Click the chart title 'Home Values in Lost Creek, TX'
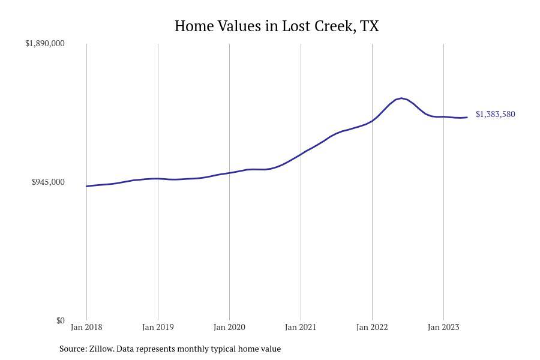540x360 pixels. pos(277,26)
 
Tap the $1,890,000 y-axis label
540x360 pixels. pos(45,44)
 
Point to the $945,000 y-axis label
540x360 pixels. pos(48,182)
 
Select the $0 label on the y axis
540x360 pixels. pos(60,320)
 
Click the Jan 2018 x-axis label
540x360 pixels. pos(86,327)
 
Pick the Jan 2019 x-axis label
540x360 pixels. pos(158,327)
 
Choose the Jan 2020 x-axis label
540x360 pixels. pos(229,327)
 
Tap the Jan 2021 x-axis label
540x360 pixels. pos(301,327)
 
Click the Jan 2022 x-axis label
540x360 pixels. pos(372,327)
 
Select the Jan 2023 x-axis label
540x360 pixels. pos(443,327)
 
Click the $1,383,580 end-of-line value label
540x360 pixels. pos(495,114)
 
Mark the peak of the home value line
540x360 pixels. pos(401,98)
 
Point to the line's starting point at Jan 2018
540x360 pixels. pos(86,186)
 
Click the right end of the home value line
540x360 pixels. pos(467,117)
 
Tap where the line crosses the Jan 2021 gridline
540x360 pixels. pos(301,154)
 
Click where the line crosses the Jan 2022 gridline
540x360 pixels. pos(372,121)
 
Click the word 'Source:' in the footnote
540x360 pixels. pos(73,349)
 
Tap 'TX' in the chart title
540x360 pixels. pos(370,26)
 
